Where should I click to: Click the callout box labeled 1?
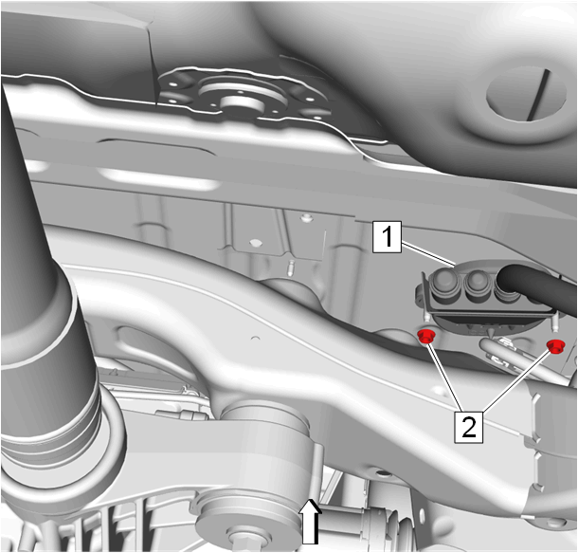click(x=387, y=237)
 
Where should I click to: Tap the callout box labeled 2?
click(x=468, y=427)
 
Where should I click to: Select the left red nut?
click(x=426, y=336)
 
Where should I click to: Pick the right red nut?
click(x=554, y=346)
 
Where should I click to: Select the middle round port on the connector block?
click(x=479, y=283)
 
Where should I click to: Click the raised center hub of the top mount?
click(x=241, y=103)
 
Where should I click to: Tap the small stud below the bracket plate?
click(x=292, y=267)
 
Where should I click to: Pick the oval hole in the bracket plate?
click(x=255, y=243)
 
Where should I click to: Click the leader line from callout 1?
click(x=428, y=253)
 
